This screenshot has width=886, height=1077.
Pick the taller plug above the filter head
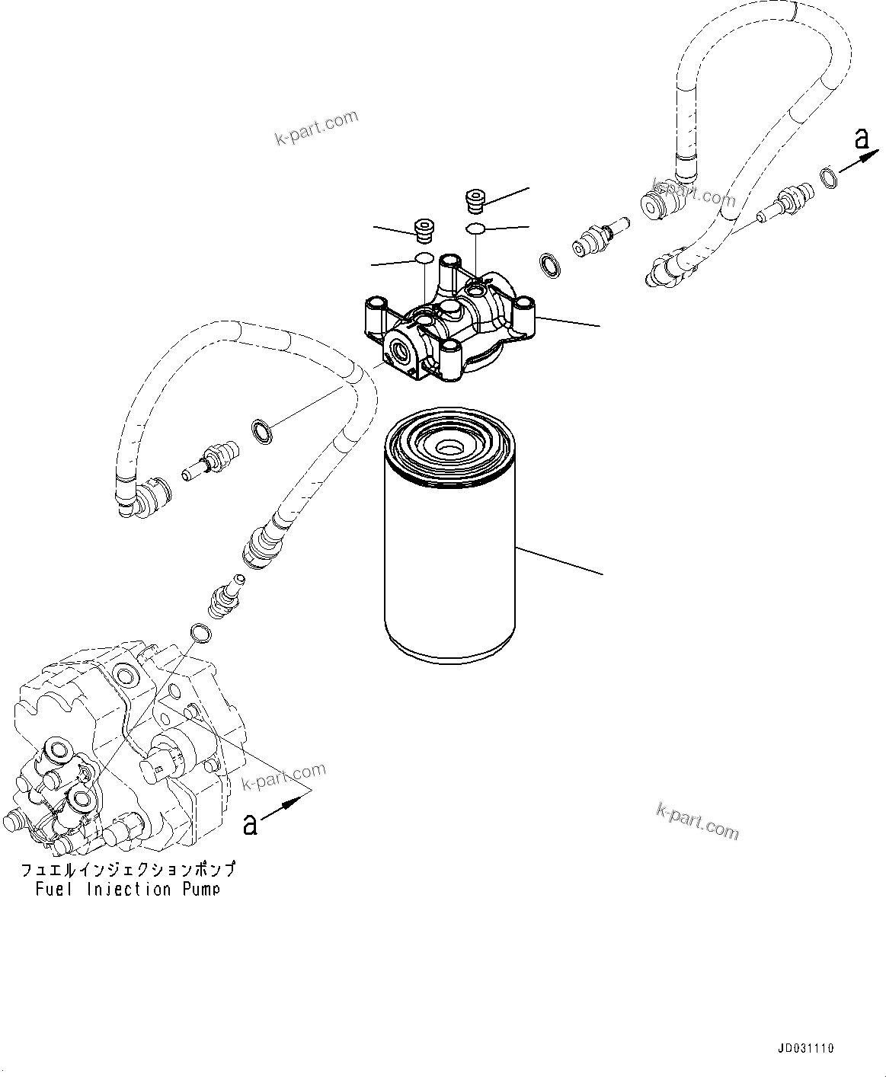[x=475, y=202]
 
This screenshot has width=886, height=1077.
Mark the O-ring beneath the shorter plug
[x=424, y=259]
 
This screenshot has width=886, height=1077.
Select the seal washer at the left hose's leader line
[x=261, y=429]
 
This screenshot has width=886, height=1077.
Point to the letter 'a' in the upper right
[x=862, y=139]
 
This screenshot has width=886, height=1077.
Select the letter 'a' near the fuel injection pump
[x=249, y=823]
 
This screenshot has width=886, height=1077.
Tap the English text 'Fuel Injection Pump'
[x=127, y=890]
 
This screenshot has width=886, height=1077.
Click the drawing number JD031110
[x=806, y=1049]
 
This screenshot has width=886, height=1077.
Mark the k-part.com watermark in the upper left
[x=315, y=129]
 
